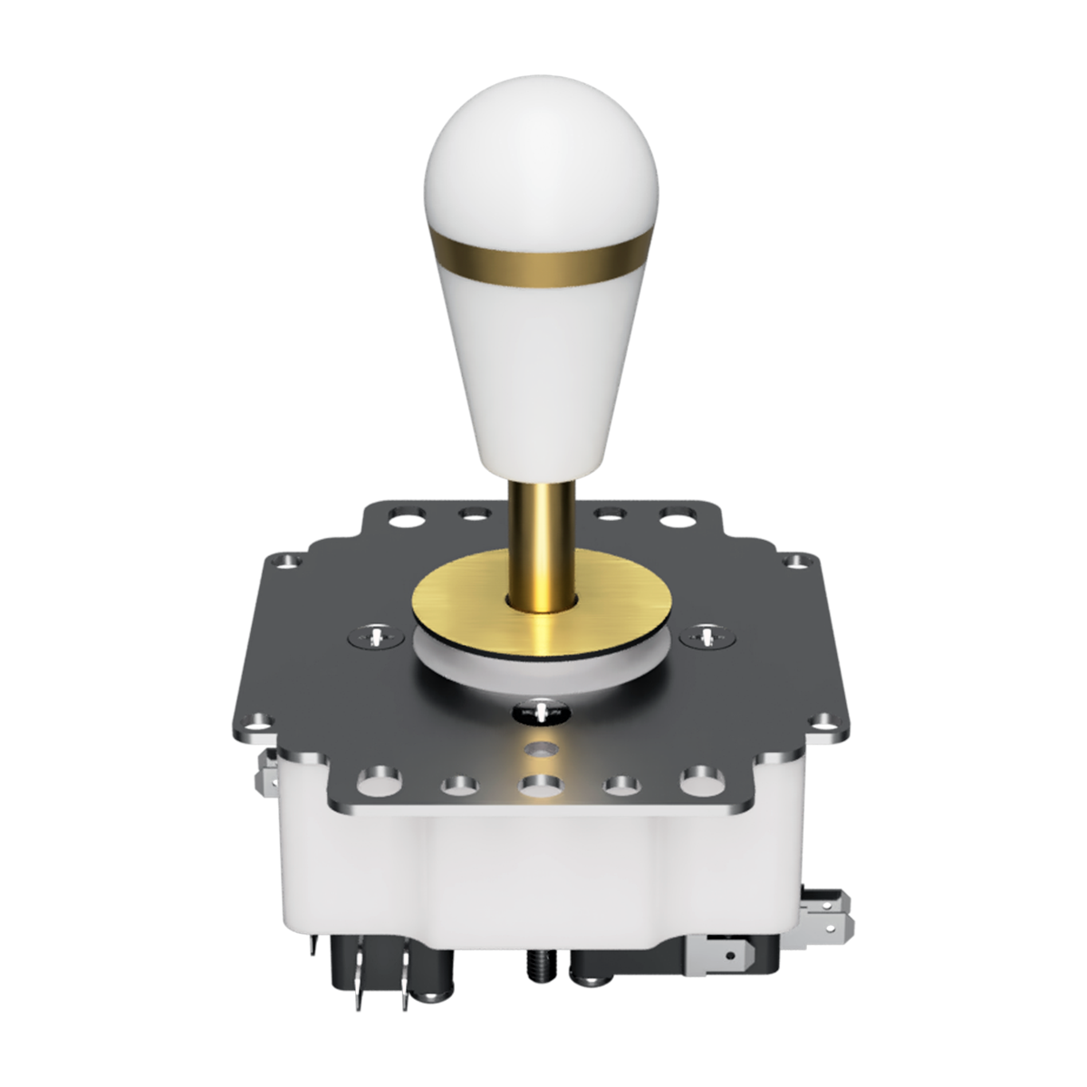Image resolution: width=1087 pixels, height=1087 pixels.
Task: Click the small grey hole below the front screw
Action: click(542, 750)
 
